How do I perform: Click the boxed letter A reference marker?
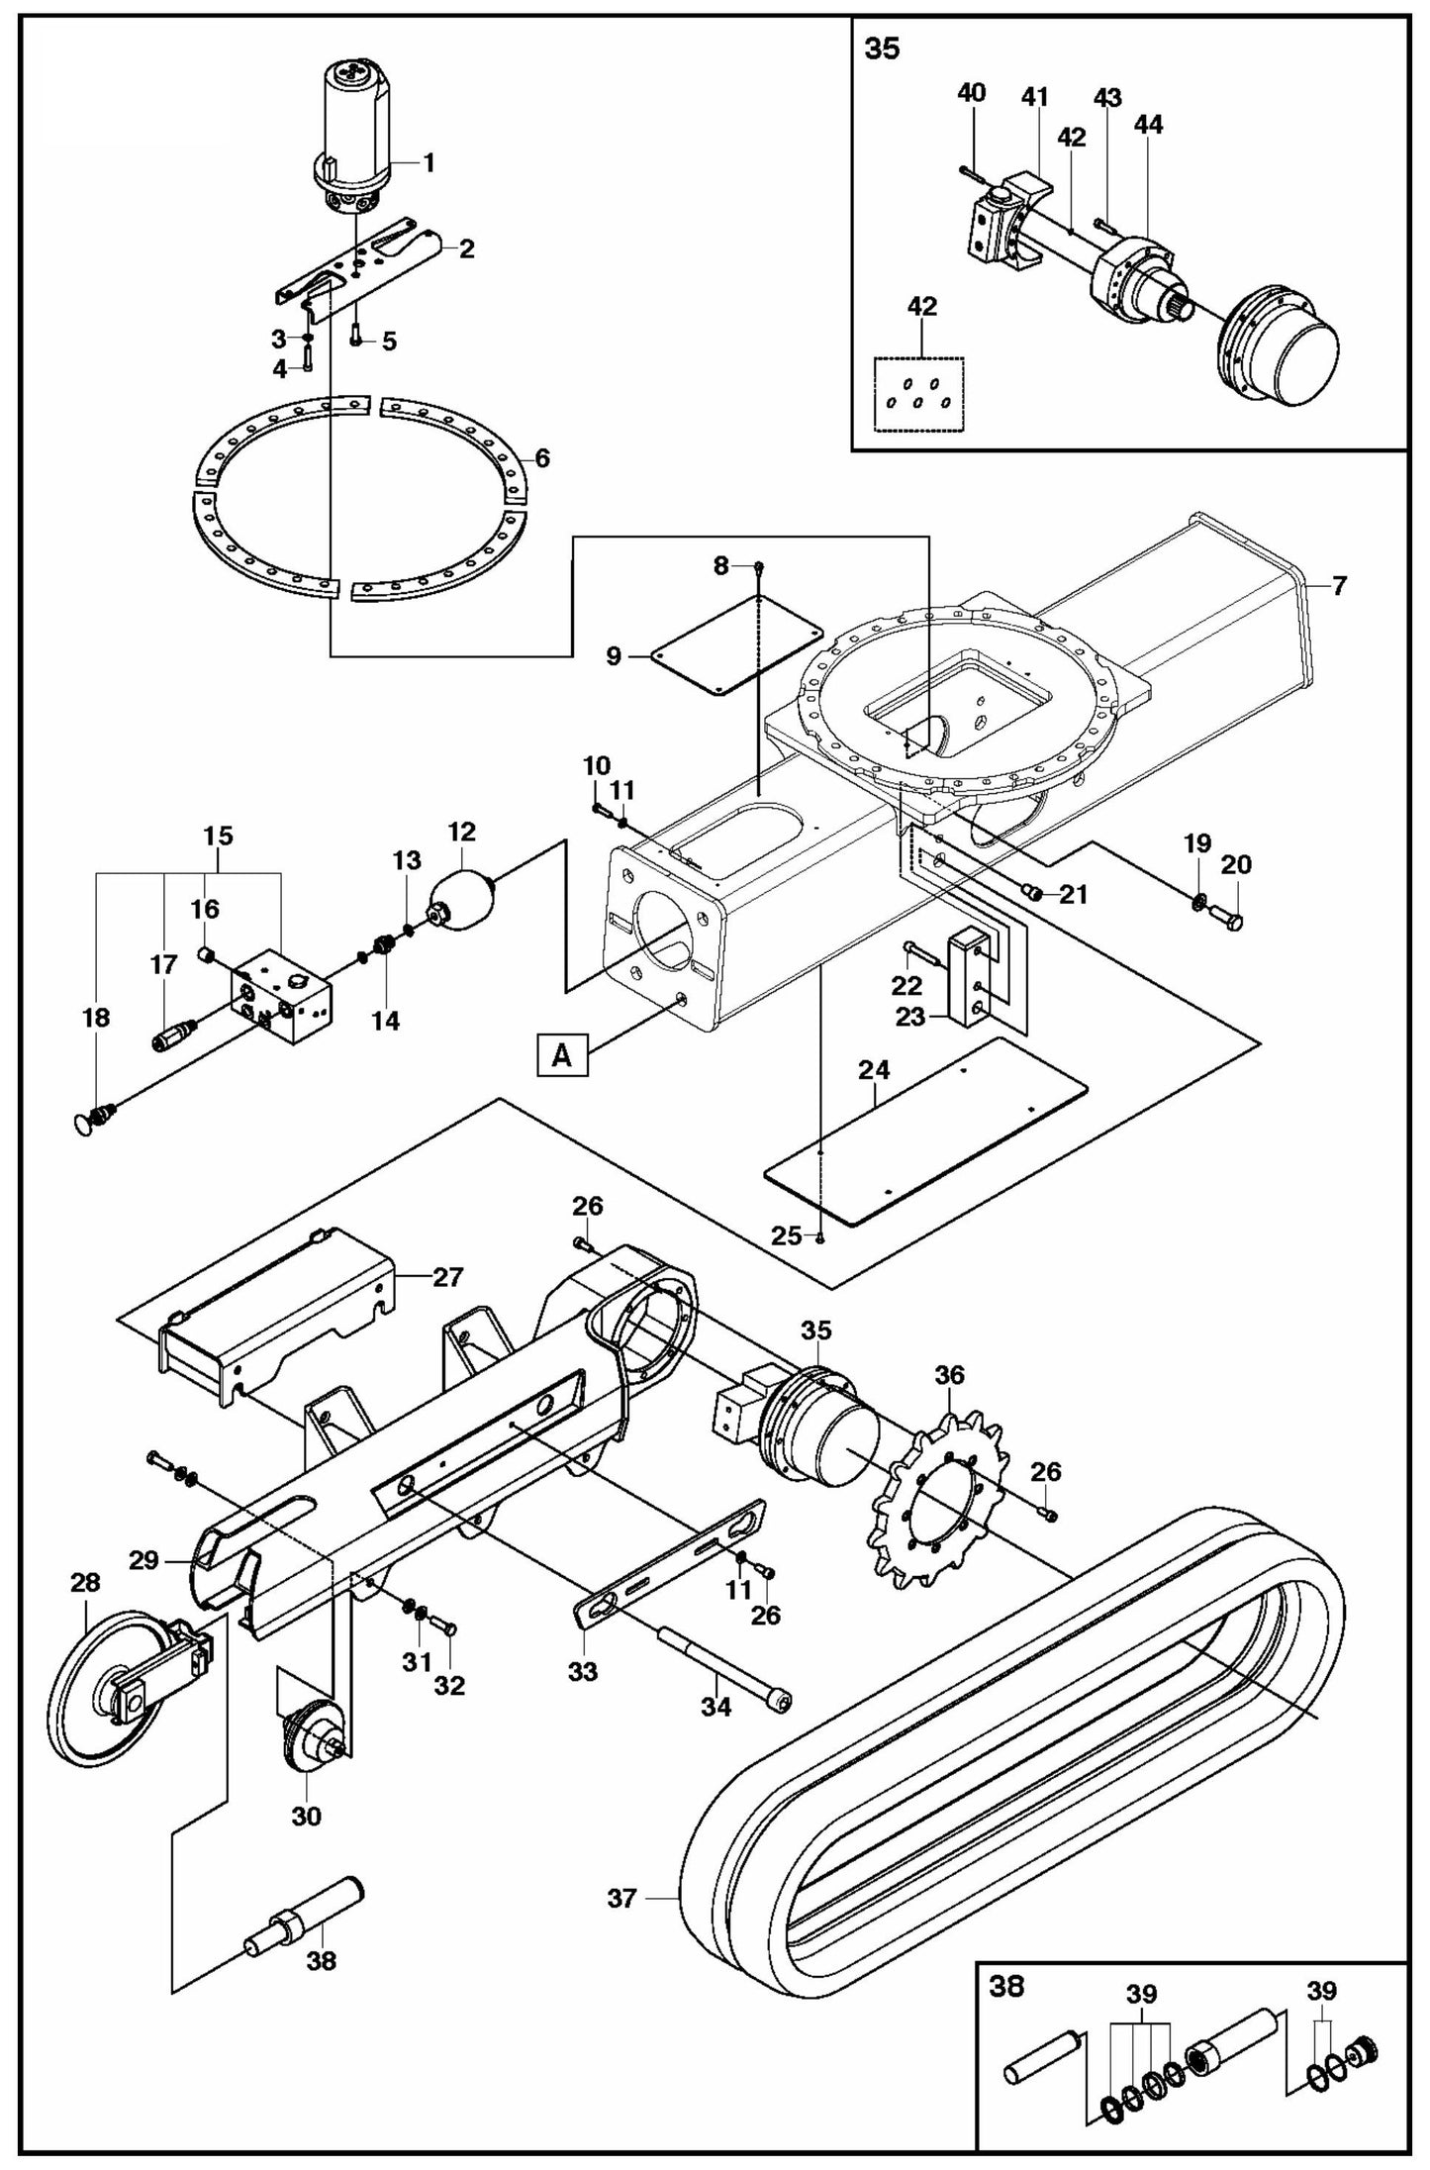tap(561, 1055)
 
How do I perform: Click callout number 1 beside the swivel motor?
tap(429, 163)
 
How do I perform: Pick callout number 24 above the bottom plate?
tap(874, 1069)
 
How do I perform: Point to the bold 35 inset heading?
tap(882, 49)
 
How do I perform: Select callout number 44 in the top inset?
tap(1149, 125)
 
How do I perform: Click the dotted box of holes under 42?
tap(919, 393)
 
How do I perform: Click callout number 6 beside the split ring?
tap(541, 458)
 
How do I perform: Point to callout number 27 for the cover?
tap(447, 1277)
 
